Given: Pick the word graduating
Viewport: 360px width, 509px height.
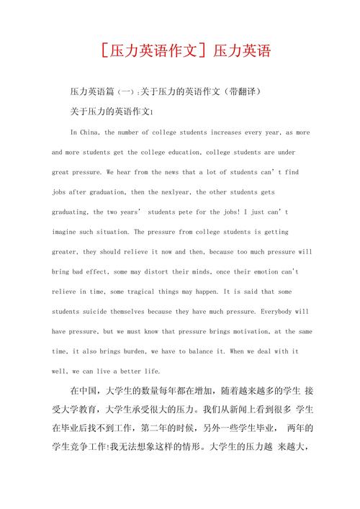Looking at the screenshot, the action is (70, 212).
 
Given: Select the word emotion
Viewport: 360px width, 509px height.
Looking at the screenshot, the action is (263, 272).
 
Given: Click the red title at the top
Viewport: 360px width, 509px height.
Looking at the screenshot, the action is (180, 52).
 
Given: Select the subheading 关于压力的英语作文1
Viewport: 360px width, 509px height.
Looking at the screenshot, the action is (112, 112).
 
